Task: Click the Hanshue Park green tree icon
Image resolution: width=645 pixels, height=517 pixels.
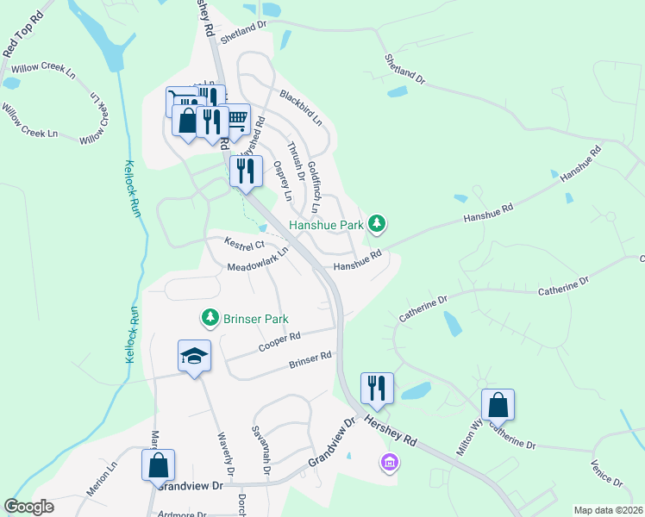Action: (376, 225)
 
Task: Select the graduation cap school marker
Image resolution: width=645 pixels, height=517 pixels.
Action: (195, 357)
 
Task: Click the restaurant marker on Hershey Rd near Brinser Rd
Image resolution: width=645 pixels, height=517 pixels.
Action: (377, 388)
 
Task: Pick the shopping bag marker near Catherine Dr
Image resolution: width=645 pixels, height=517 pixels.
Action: (498, 404)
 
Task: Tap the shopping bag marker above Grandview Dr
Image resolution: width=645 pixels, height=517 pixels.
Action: (159, 465)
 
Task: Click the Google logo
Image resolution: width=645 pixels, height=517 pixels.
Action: (29, 507)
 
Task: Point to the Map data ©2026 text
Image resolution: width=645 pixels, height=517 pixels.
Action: (608, 510)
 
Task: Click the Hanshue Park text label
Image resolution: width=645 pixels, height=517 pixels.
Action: (325, 225)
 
